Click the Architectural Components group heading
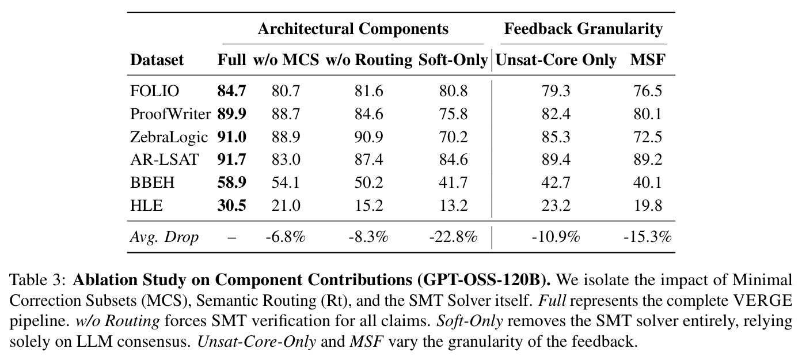[x=353, y=29]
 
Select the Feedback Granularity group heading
[x=583, y=29]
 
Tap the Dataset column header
[x=157, y=60]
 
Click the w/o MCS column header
[x=286, y=60]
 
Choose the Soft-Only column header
[x=453, y=60]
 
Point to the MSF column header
[x=648, y=60]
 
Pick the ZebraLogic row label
[x=169, y=137]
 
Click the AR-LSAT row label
[x=164, y=160]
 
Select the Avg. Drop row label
[x=164, y=237]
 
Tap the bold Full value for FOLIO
[x=231, y=91]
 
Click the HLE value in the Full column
[x=231, y=206]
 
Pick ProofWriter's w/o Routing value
[x=369, y=114]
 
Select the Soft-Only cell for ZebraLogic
[x=453, y=137]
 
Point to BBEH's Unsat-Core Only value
[x=556, y=183]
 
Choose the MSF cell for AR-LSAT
[x=648, y=160]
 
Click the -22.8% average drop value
[x=453, y=237]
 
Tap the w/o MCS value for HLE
[x=286, y=206]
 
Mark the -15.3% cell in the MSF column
[x=648, y=237]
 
